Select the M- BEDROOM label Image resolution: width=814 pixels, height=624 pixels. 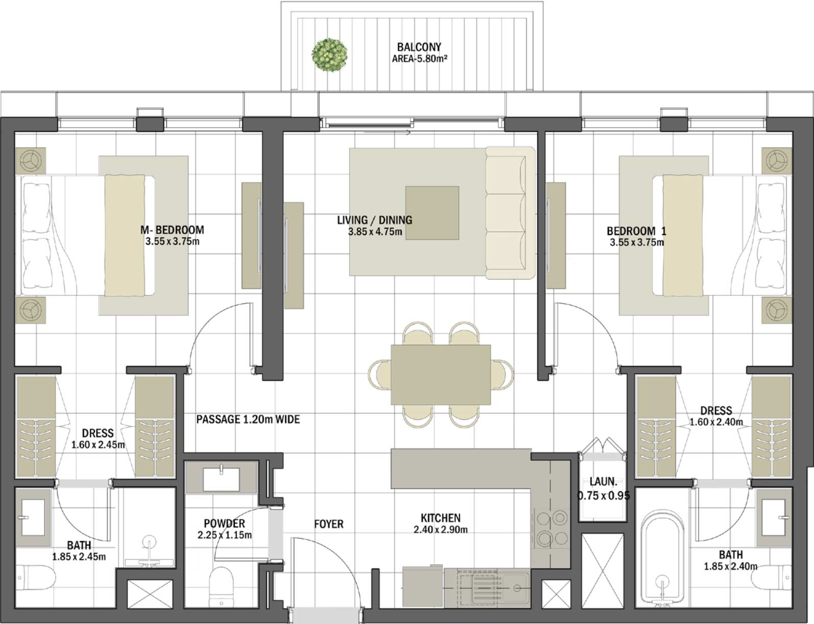point(172,230)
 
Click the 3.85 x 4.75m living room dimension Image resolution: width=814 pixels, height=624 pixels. point(375,232)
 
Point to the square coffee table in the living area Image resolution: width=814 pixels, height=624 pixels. point(432,213)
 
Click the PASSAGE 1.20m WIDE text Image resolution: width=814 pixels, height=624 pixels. point(248,420)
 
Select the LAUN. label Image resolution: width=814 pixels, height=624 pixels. point(603,481)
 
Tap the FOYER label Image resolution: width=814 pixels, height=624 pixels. point(329,524)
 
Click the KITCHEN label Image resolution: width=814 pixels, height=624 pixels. point(440,518)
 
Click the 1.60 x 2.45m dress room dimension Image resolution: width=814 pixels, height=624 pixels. point(98,445)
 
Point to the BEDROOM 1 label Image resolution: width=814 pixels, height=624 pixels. point(636,231)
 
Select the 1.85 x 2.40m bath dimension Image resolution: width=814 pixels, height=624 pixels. point(730,566)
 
